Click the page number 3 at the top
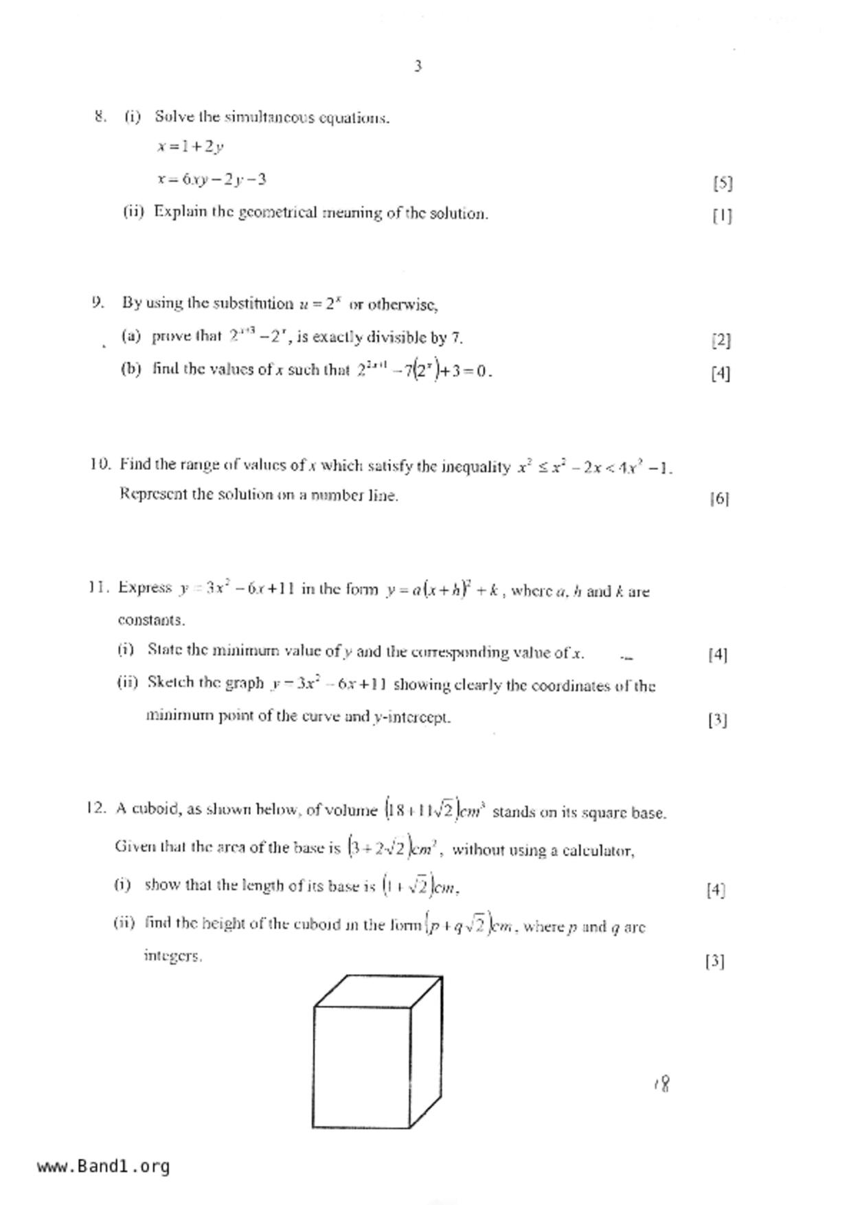point(418,66)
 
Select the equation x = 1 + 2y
point(190,146)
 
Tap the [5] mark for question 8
point(722,183)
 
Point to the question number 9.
point(98,302)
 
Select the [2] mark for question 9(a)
point(720,339)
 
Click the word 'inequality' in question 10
point(475,467)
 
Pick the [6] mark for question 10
point(718,498)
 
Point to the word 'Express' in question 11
point(145,587)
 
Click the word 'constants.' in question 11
point(151,620)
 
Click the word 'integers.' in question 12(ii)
point(172,956)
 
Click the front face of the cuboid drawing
point(361,1067)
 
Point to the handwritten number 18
point(663,1083)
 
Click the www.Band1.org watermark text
point(104,1167)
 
